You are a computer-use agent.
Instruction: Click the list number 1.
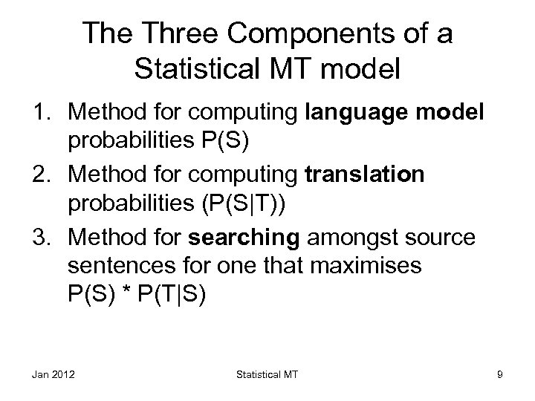(44, 112)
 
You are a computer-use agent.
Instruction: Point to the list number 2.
(44, 175)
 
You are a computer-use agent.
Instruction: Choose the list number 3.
(44, 237)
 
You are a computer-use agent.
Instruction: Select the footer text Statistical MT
(267, 375)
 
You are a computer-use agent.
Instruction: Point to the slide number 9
(499, 375)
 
